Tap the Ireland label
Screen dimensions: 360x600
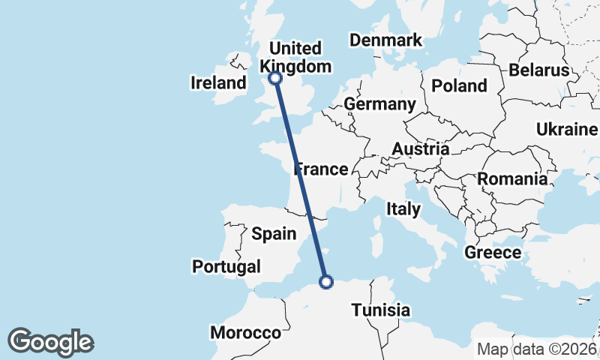pyautogui.click(x=219, y=82)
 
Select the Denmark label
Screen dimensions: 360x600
pyautogui.click(x=385, y=40)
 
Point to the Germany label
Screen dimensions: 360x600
pyautogui.click(x=379, y=104)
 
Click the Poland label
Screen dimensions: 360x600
pyautogui.click(x=459, y=85)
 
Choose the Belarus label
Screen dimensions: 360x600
pyautogui.click(x=539, y=70)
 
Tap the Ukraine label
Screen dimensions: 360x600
pyautogui.click(x=567, y=130)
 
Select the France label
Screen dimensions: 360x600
pyautogui.click(x=322, y=169)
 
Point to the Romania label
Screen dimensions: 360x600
pyautogui.click(x=512, y=179)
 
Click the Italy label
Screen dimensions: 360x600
pyautogui.click(x=403, y=209)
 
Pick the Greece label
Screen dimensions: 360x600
pyautogui.click(x=493, y=252)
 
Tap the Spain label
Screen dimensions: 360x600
pyautogui.click(x=274, y=234)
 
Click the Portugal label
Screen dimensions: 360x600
pyautogui.click(x=226, y=266)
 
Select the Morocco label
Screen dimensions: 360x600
pyautogui.click(x=245, y=332)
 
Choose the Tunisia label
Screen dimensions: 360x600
pyautogui.click(x=380, y=310)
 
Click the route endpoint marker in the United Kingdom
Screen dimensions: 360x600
pyautogui.click(x=275, y=77)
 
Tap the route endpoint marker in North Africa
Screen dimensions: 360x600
pyautogui.click(x=326, y=282)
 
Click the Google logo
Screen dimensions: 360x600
pyautogui.click(x=50, y=342)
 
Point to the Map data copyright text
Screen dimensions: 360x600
pyautogui.click(x=537, y=349)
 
